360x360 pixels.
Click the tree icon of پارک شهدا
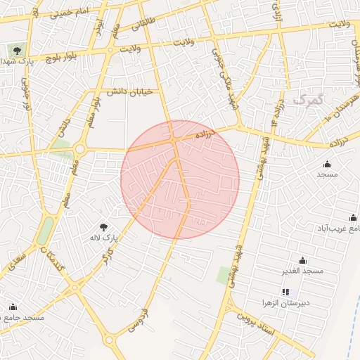point(15,51)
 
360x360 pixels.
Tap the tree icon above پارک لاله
point(104,227)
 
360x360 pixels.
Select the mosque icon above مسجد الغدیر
point(302,260)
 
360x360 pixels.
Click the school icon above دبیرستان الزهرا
point(285,292)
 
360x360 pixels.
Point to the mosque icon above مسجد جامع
point(13,307)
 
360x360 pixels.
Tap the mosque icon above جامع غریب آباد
point(353,217)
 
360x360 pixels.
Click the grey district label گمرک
point(308,101)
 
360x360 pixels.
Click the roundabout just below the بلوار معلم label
point(80,148)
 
